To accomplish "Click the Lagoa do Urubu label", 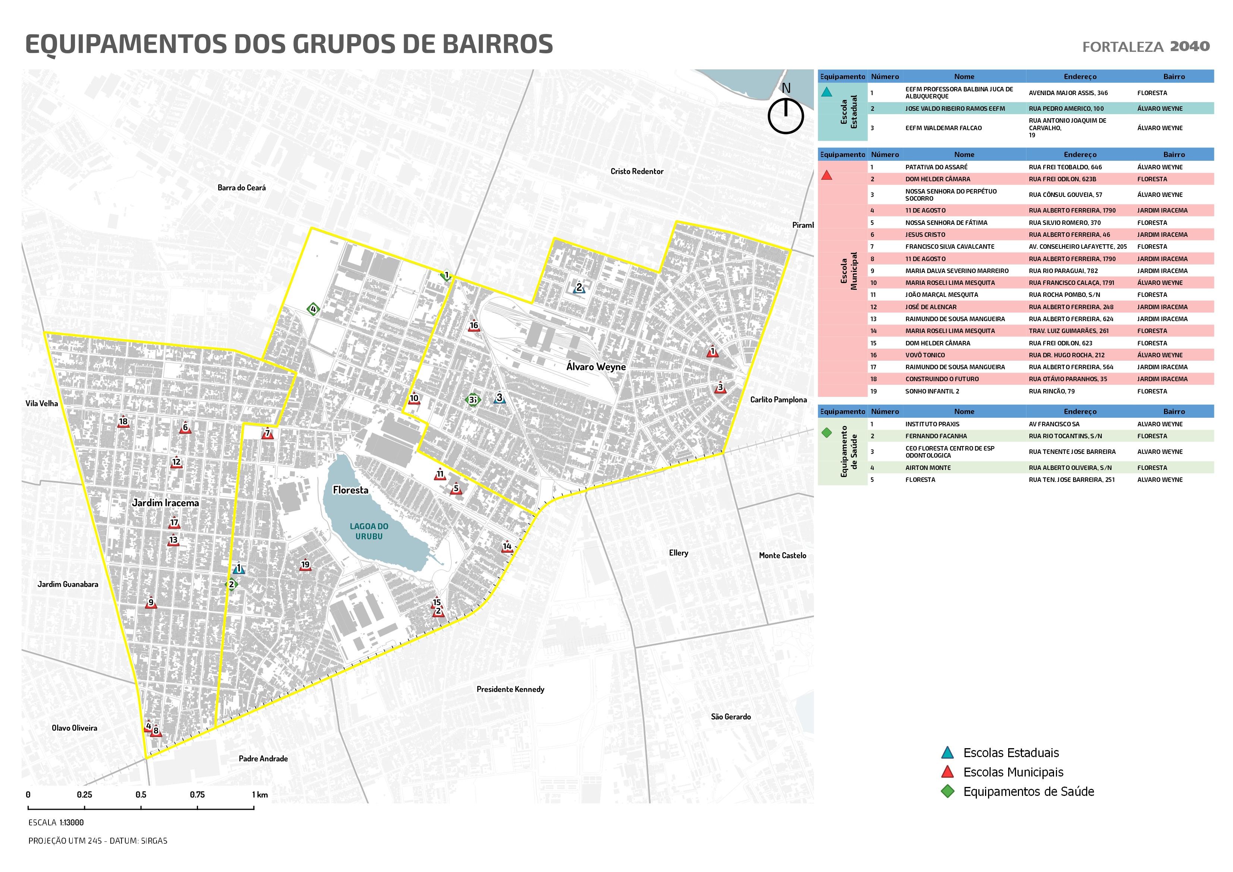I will (x=369, y=531).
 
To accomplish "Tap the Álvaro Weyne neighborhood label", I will (x=595, y=366).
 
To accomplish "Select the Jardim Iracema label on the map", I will (x=166, y=503).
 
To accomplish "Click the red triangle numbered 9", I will (x=151, y=603).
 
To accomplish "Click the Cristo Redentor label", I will (x=637, y=172).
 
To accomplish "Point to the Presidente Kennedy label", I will (x=510, y=689).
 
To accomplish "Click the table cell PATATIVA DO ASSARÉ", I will (x=936, y=167).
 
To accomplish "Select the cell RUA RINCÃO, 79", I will (x=1051, y=391).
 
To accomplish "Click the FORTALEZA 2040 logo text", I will (x=1145, y=47).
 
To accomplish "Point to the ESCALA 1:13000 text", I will (x=56, y=822).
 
